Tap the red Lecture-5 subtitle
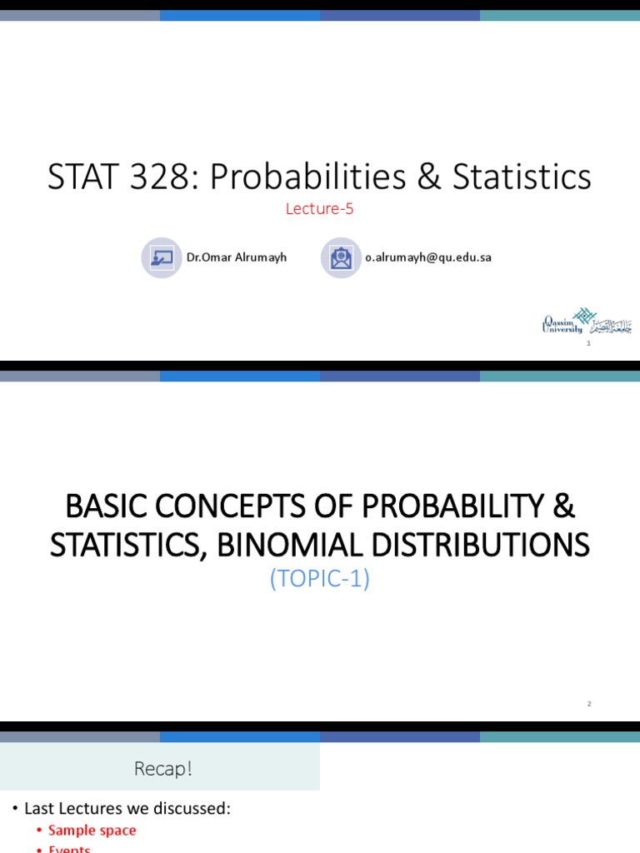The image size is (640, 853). click(x=319, y=209)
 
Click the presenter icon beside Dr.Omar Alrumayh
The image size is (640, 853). click(x=162, y=257)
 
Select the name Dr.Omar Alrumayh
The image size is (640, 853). click(x=236, y=257)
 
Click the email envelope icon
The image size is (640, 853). click(x=341, y=257)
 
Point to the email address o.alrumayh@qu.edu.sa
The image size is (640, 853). click(x=427, y=257)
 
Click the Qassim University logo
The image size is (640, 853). click(x=586, y=321)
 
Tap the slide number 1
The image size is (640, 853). click(x=588, y=343)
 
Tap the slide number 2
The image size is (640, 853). click(x=588, y=704)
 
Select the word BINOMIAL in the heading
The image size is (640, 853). click(x=278, y=545)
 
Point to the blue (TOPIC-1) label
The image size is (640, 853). click(x=319, y=578)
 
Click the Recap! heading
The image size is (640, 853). click(x=163, y=769)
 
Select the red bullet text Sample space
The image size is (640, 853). click(x=92, y=831)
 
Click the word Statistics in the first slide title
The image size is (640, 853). click(x=522, y=177)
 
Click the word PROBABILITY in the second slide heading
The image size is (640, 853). click(x=464, y=506)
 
